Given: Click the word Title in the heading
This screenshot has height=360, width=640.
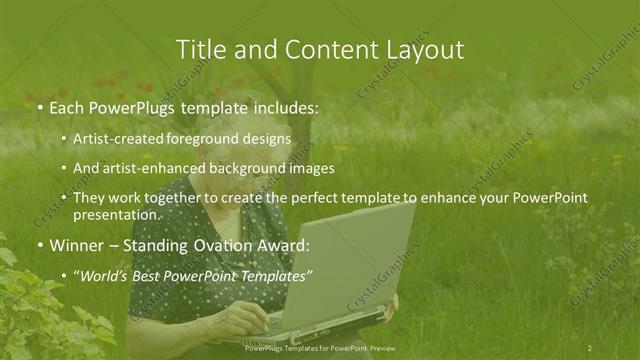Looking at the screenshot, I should tap(198, 49).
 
